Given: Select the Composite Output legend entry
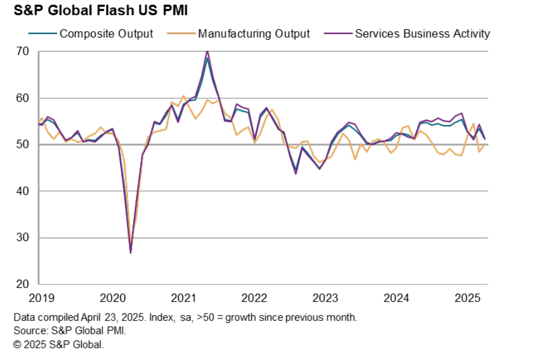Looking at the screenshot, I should tap(106, 34).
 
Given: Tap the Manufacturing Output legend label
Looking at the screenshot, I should tap(254, 34).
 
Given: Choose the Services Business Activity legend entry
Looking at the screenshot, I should tap(422, 34).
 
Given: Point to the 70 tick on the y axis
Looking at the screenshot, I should tap(22, 51).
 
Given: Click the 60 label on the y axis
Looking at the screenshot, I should tap(22, 98).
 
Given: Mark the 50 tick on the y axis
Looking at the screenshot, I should tap(22, 145).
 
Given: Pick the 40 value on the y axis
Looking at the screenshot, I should tap(22, 191).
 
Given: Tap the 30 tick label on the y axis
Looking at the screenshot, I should tap(22, 238).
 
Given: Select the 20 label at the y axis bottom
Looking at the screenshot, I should tap(22, 284).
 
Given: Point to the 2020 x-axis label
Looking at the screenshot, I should tap(112, 298).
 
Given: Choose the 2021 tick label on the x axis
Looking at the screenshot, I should tap(184, 298).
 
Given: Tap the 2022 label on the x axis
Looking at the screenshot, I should tap(254, 298).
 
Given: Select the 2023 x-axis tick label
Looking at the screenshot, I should tap(326, 298).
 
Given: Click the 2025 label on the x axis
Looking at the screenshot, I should tap(468, 298).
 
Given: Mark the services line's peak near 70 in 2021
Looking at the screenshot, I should tap(207, 51).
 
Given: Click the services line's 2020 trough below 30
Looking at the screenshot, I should tap(130, 252).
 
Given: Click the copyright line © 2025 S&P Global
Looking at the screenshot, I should tap(59, 344).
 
